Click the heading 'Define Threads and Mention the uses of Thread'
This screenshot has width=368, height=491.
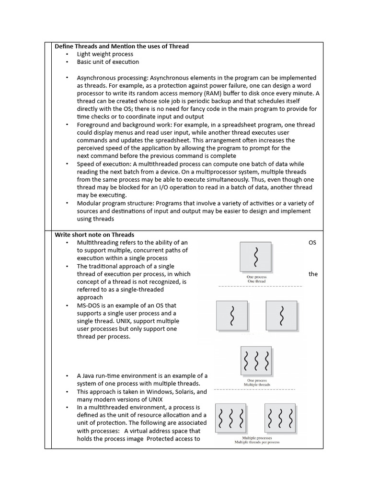[122, 47]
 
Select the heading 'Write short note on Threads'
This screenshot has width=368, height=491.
[94, 234]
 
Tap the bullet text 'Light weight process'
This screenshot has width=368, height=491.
[105, 54]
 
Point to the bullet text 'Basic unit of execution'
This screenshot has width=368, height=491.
[108, 62]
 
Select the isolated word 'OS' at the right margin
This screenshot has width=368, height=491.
[312, 243]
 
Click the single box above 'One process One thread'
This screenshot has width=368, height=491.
[256, 257]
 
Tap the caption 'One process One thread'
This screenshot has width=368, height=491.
[256, 279]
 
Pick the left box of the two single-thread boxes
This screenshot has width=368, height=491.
[232, 316]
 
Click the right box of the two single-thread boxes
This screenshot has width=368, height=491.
[281, 316]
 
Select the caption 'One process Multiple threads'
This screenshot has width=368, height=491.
[256, 383]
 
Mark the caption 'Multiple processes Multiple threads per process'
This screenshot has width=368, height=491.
[257, 440]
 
